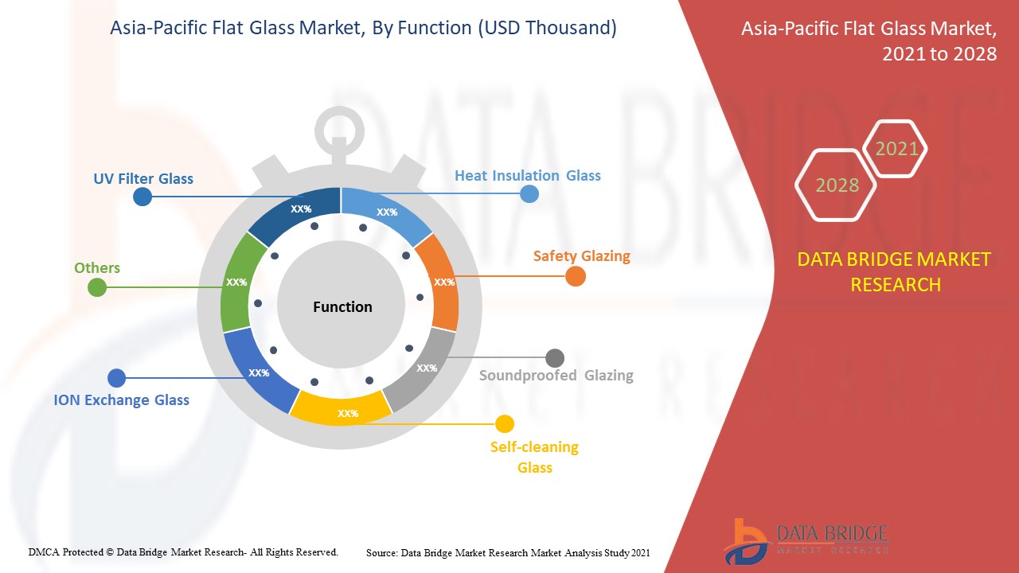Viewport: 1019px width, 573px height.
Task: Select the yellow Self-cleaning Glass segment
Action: click(x=342, y=409)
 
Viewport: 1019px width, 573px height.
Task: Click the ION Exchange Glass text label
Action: click(x=121, y=400)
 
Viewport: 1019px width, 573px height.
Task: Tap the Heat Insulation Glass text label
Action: click(x=527, y=175)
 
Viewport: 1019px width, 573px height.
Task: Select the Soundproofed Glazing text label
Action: click(x=556, y=375)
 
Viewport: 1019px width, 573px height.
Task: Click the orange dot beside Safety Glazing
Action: click(x=576, y=276)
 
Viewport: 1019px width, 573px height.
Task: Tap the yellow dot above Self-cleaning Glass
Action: click(x=505, y=424)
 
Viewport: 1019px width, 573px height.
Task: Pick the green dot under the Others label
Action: click(x=97, y=287)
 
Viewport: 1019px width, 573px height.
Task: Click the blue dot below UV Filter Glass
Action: click(x=143, y=197)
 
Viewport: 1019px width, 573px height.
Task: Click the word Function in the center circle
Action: click(x=342, y=306)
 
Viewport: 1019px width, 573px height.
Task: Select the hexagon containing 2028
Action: click(x=836, y=185)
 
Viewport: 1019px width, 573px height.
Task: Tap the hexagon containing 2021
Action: click(x=896, y=148)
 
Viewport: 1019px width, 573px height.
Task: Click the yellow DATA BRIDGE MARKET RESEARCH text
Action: click(x=894, y=271)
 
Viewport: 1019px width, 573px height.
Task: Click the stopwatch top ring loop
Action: click(x=340, y=127)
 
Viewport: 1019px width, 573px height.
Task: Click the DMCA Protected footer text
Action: click(x=183, y=552)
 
